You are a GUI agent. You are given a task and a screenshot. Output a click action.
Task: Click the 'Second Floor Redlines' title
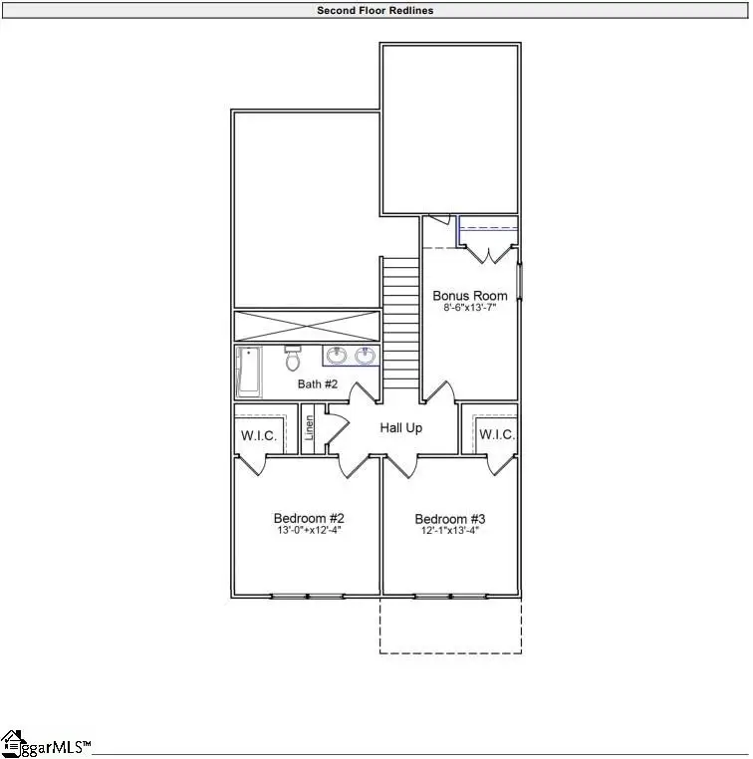click(376, 11)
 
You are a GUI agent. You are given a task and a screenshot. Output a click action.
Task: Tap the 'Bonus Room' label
click(469, 296)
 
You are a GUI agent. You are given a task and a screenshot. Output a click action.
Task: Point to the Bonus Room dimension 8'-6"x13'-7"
click(469, 309)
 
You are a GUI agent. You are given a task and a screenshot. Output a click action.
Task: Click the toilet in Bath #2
click(292, 358)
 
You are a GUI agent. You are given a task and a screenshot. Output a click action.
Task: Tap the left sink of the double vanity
click(337, 355)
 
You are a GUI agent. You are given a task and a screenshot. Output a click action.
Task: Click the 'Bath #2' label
click(319, 384)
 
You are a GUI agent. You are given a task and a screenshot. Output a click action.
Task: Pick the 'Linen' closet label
click(310, 427)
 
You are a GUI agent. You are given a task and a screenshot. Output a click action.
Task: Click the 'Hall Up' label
click(401, 428)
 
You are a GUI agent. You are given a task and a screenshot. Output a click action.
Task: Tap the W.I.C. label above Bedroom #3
click(496, 435)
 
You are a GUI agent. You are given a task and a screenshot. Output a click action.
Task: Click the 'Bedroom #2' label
click(309, 519)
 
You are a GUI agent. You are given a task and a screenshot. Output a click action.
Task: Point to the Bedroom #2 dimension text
click(309, 531)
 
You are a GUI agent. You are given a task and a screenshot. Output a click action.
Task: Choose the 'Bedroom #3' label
click(450, 519)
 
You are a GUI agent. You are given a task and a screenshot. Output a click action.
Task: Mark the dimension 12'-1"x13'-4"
click(450, 531)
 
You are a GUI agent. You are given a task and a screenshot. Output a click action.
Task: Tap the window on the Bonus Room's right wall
click(519, 280)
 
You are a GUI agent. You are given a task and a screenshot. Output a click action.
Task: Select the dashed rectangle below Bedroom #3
click(450, 626)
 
